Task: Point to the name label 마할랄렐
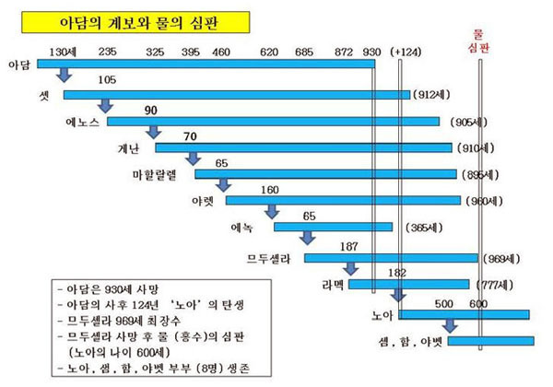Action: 162,174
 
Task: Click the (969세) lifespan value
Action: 502,258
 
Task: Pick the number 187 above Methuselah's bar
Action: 348,245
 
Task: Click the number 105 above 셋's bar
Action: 105,80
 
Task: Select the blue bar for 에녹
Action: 333,227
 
